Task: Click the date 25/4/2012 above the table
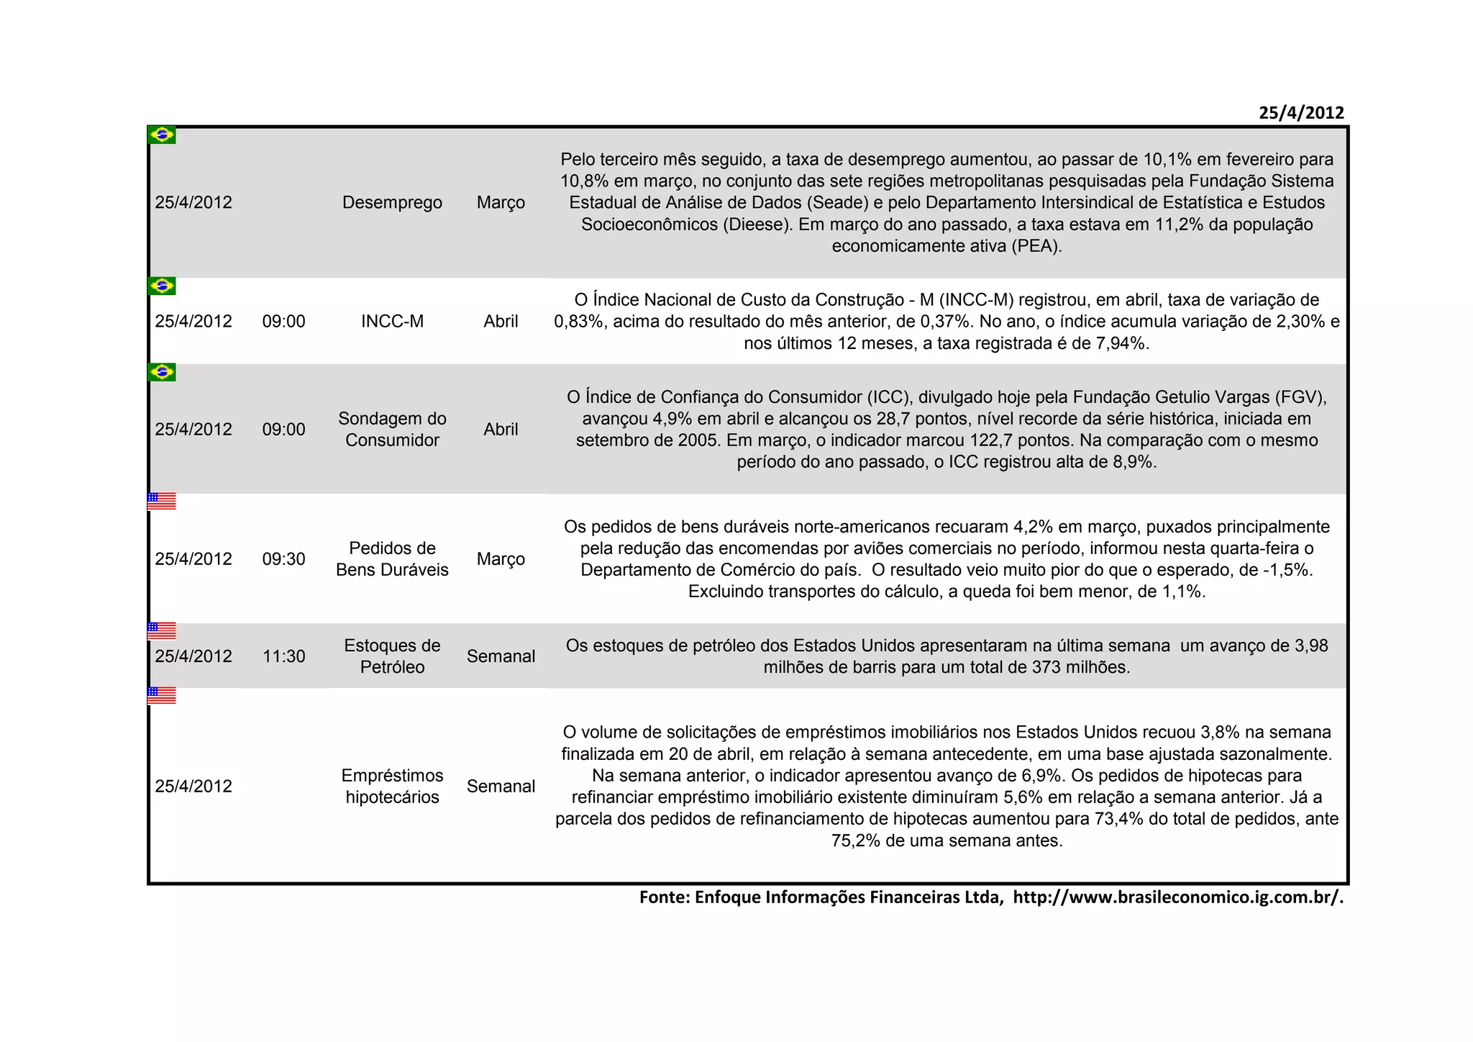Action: coord(1300,113)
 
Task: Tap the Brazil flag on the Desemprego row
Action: coord(162,135)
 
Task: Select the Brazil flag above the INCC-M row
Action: coord(162,286)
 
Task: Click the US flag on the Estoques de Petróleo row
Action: coord(162,631)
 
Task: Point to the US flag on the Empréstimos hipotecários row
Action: coord(162,695)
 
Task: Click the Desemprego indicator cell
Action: coord(392,202)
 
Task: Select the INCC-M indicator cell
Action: coord(392,321)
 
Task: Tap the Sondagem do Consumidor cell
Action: coord(392,429)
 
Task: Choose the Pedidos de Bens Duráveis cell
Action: coord(392,558)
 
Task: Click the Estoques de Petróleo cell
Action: coord(392,656)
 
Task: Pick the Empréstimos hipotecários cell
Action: coord(392,786)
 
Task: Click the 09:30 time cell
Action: coord(283,559)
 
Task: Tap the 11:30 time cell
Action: coord(283,656)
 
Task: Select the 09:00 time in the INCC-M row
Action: coord(283,321)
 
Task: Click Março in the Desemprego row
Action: coord(501,202)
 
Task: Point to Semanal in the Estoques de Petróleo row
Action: coord(501,656)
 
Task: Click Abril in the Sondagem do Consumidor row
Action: coord(501,429)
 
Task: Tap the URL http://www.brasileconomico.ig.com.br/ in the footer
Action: coord(1177,897)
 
